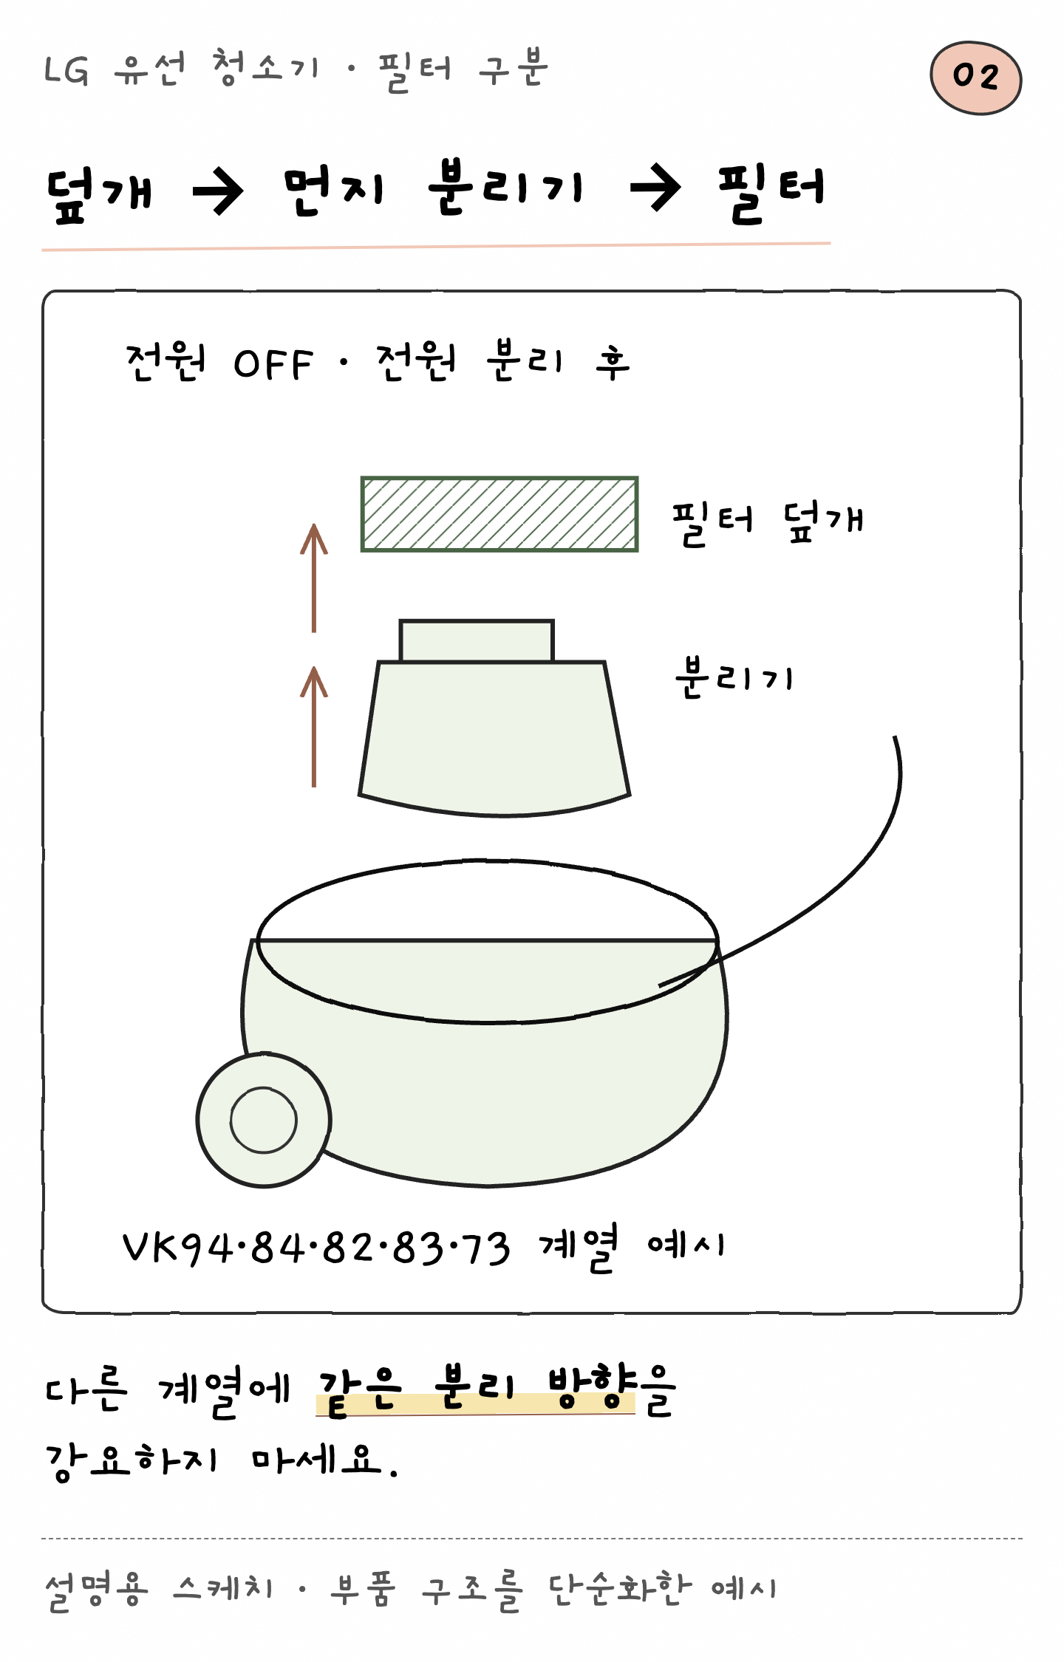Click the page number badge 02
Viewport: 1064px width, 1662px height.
(x=975, y=78)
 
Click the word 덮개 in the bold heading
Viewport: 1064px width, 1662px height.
(x=100, y=194)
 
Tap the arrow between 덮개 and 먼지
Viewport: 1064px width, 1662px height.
(x=218, y=191)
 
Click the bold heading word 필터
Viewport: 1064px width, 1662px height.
(x=771, y=191)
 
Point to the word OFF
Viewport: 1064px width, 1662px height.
(x=273, y=364)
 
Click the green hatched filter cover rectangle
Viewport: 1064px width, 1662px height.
(x=499, y=514)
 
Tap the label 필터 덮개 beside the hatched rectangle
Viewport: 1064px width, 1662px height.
(x=767, y=522)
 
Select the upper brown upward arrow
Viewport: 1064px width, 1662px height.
(x=314, y=578)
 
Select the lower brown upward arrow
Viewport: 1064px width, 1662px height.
(x=314, y=726)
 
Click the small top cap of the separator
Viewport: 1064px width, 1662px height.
(x=477, y=640)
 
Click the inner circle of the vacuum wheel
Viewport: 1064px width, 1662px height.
(x=264, y=1120)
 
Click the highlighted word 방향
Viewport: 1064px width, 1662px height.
(x=592, y=1386)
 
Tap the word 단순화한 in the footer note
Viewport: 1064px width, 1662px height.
(x=620, y=1588)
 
